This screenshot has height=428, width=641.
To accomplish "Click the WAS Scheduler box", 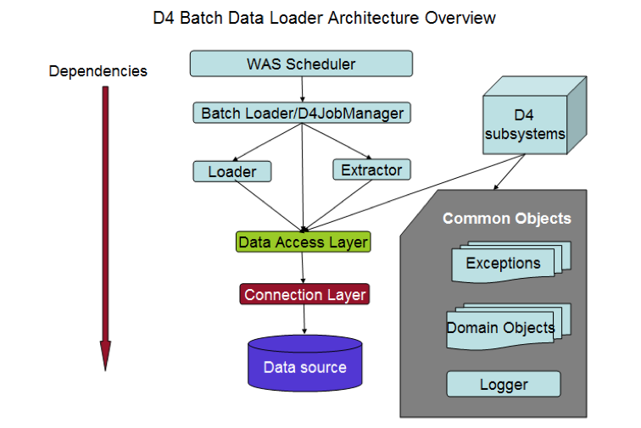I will click(301, 64).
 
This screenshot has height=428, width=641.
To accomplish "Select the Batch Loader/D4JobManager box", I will click(302, 113).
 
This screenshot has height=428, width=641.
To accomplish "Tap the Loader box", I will click(231, 171).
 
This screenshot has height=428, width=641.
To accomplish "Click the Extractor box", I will click(371, 170).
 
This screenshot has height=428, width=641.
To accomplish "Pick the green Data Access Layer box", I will click(303, 242).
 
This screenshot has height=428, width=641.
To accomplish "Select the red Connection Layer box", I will click(304, 295).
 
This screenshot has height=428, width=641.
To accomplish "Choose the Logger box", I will click(504, 384).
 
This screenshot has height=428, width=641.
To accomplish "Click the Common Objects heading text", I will click(506, 219).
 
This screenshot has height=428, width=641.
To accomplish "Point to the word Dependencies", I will click(98, 71).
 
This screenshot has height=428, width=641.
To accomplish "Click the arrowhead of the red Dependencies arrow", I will click(106, 355).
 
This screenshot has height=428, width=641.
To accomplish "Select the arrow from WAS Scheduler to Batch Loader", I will click(302, 89).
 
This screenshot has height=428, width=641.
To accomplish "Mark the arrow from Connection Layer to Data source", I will click(304, 320).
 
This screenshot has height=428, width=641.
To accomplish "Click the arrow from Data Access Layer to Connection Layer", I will click(304, 268).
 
